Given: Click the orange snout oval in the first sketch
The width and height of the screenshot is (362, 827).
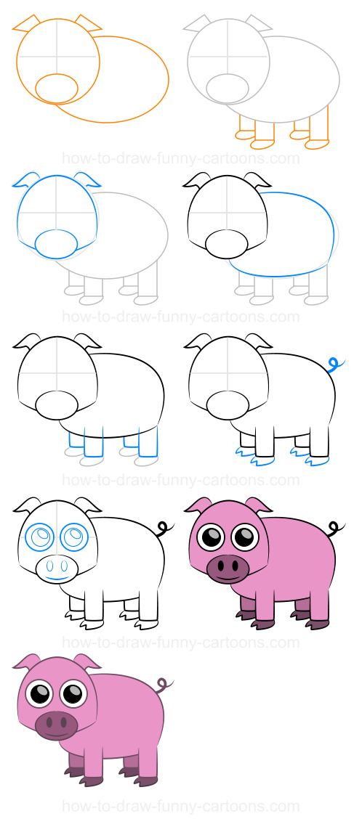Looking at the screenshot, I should (x=57, y=88).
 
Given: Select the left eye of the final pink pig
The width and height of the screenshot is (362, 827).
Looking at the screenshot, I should (x=39, y=693).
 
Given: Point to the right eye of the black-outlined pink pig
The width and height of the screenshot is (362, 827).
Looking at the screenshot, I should (x=245, y=538).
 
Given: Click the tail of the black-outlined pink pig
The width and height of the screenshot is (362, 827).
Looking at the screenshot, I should (x=334, y=528).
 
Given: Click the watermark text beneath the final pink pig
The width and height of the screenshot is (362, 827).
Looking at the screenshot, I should (x=181, y=807).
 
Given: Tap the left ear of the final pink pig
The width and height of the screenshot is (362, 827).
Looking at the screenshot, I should (x=27, y=661).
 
